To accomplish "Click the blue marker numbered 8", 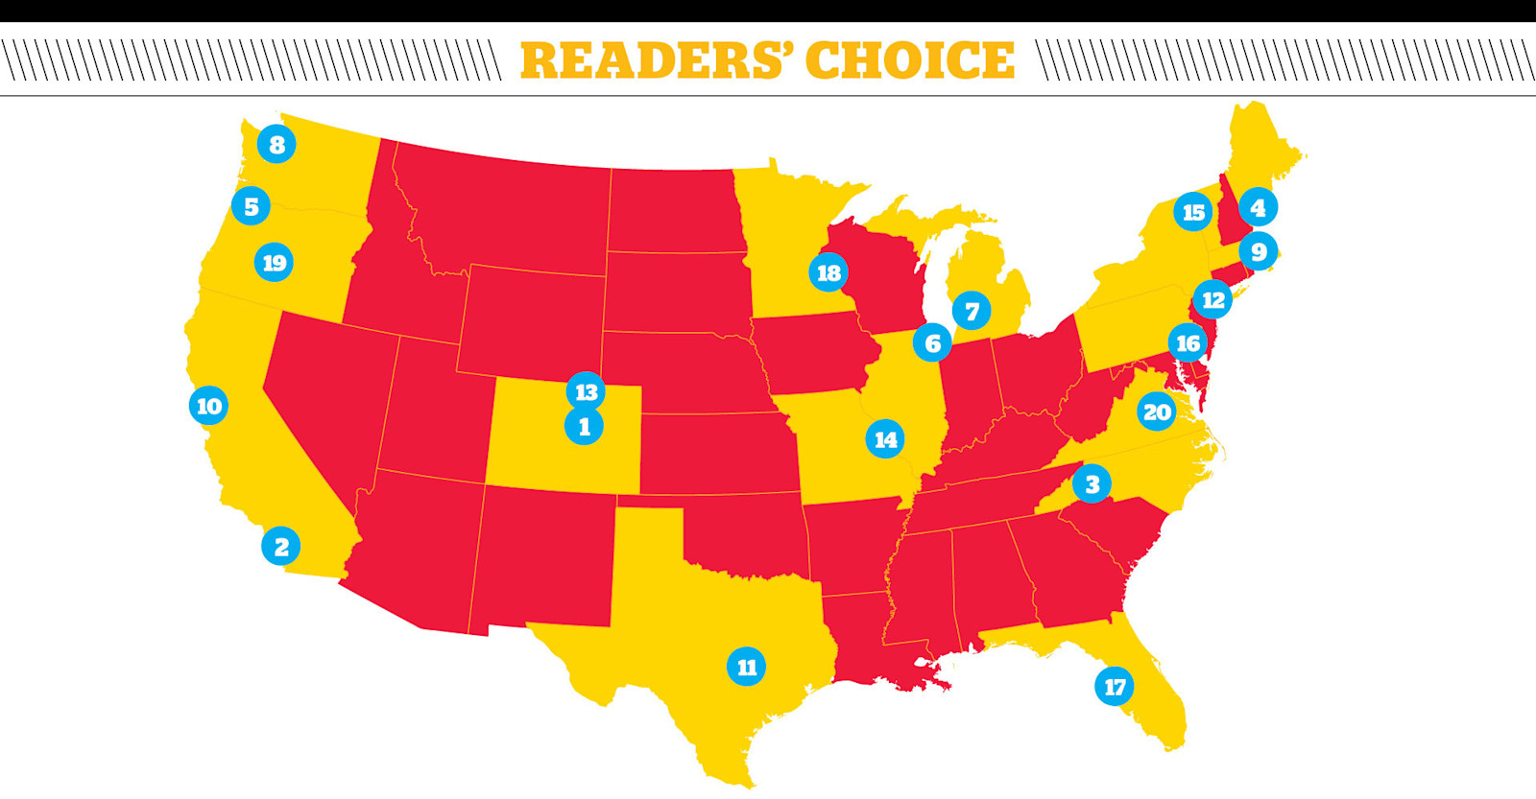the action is coord(276,145).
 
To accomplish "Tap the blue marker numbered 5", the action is coord(251,206).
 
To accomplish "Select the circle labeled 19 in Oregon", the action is coord(274,263).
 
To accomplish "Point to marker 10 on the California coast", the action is coord(208,406).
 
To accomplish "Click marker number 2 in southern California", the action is coord(281,547).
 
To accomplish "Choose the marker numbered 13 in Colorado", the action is coord(586,391).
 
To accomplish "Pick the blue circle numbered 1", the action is coord(584,427).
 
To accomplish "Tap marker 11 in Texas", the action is coord(746,667).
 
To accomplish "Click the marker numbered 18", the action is coord(828,273).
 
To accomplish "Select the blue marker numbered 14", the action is coord(884,439).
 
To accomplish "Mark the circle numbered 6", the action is coord(932,342).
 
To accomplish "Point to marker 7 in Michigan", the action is coord(972,311).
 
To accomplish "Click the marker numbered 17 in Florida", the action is coord(1114,687).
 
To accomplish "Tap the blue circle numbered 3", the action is coord(1092,484).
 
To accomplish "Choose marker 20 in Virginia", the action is coord(1156,412).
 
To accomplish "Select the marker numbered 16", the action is coord(1188,342).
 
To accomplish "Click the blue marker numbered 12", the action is coord(1212,300).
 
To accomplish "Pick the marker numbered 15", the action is coord(1192,212).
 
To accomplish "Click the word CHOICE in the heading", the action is coord(909,60).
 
